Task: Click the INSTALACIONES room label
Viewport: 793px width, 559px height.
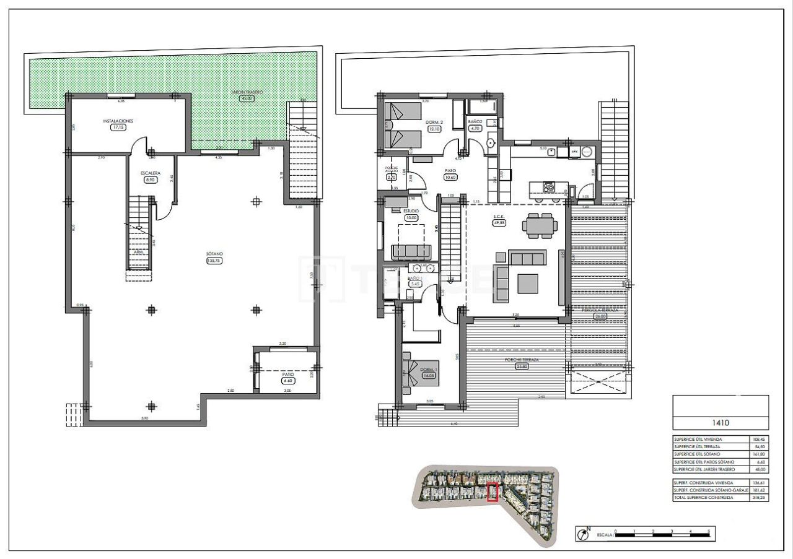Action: pos(118,121)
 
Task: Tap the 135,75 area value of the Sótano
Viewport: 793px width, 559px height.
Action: pos(214,261)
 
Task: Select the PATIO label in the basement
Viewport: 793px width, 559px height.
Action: pos(288,374)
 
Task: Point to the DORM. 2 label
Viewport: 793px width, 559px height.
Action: pos(434,122)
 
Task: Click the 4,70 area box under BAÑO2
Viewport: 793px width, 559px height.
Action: pos(475,128)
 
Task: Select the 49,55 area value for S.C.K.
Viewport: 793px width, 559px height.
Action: pos(498,223)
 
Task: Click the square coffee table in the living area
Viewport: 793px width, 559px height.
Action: pos(529,283)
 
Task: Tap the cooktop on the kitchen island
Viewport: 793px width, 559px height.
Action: pos(549,186)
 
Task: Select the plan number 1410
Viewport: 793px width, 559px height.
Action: pos(721,423)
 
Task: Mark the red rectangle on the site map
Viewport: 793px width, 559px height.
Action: pos(493,492)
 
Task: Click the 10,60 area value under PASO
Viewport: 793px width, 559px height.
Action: pos(450,176)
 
